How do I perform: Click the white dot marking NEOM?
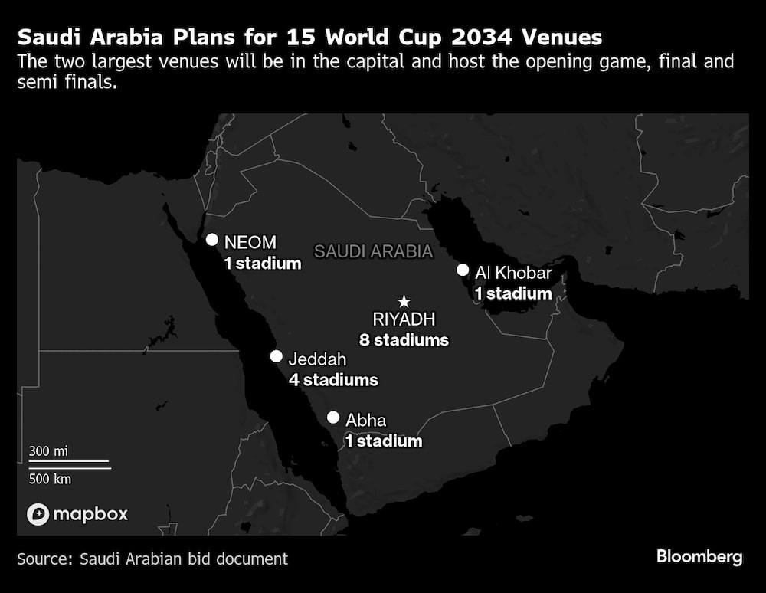[x=211, y=240]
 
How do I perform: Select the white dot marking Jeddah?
[x=276, y=356]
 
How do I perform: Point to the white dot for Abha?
[x=333, y=418]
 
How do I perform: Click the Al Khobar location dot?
[x=463, y=270]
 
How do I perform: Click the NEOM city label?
[x=250, y=243]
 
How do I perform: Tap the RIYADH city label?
[x=403, y=319]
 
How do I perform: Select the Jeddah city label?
[x=317, y=359]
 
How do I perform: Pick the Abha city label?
[x=366, y=420]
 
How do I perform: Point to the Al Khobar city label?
[x=513, y=272]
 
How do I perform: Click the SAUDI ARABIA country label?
[x=374, y=251]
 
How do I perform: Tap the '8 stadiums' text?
[x=404, y=339]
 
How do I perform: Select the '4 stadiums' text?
[x=333, y=379]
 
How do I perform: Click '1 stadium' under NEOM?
[x=263, y=264]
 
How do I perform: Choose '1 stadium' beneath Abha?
[x=383, y=441]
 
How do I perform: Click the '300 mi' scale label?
[x=49, y=451]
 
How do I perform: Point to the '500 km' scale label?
[x=51, y=479]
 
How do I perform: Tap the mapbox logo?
[x=77, y=514]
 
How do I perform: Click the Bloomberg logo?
[x=699, y=557]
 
